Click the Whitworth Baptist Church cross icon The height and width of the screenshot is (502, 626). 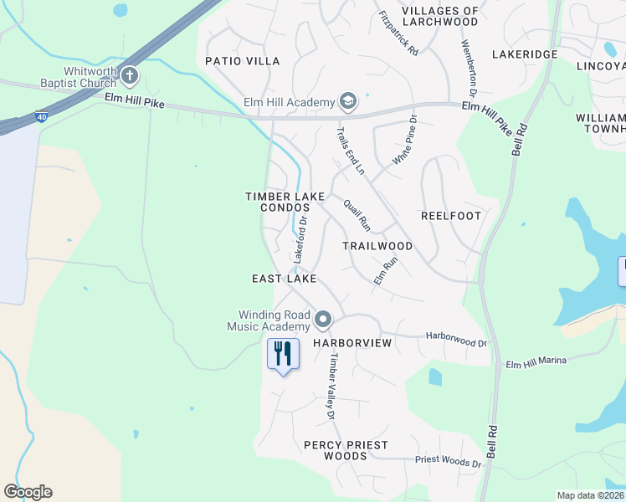pos(129,77)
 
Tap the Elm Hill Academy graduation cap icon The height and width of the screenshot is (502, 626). pos(347,102)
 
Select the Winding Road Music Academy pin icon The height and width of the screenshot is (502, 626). pos(323,320)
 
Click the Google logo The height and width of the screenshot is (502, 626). pos(28,492)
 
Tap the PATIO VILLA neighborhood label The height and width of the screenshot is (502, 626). pos(243,61)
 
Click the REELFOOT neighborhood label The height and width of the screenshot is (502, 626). pos(451,216)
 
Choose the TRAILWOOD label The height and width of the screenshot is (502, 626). pos(377,246)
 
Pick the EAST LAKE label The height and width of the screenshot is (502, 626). pos(285,278)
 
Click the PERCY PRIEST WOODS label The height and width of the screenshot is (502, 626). pos(336,450)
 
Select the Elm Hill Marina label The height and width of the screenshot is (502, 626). pos(536,361)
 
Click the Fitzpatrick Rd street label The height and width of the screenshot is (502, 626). pos(398,33)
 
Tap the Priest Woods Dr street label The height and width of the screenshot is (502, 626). pos(449,461)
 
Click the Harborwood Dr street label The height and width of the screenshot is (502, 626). pos(456,338)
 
